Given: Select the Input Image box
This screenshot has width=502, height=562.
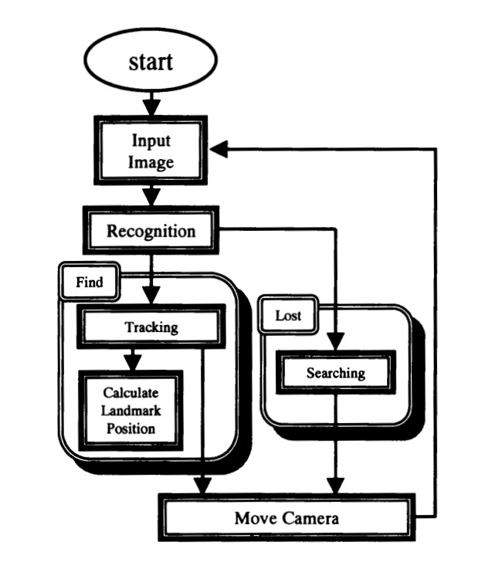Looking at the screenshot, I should [x=151, y=151].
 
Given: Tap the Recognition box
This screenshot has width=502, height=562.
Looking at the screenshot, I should [x=151, y=230].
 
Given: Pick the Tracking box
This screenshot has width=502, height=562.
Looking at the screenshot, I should [x=151, y=327].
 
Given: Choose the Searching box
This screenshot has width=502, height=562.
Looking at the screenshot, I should [x=335, y=373].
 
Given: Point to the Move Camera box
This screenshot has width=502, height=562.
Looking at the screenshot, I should [x=287, y=516].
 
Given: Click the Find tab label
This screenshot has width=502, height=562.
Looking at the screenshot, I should [x=90, y=283].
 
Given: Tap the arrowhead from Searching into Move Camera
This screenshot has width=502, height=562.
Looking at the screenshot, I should [x=335, y=485].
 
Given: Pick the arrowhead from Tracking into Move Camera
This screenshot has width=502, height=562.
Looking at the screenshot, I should [x=202, y=485].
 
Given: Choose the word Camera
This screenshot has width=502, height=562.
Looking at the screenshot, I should [x=310, y=516].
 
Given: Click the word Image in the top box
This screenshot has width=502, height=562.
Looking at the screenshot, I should [x=151, y=162].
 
